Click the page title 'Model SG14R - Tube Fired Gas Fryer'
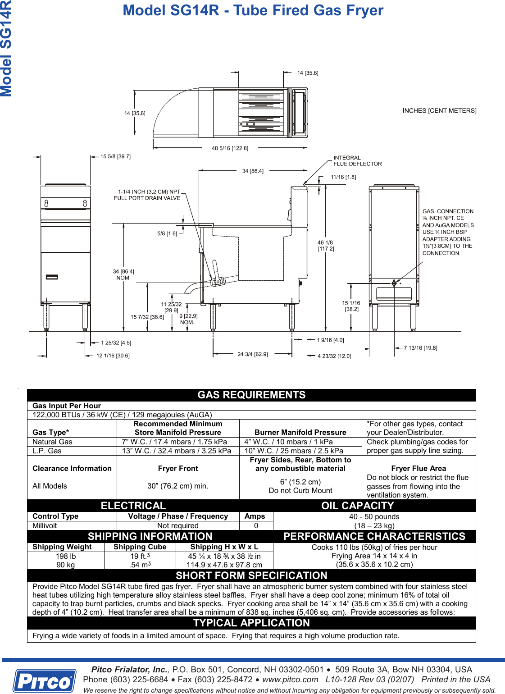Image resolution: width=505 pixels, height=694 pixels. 253,10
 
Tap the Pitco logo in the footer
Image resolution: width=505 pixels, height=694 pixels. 44,681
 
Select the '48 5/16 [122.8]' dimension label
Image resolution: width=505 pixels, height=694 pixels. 230,148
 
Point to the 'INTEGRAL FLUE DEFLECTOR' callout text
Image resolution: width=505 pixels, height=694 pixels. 357,161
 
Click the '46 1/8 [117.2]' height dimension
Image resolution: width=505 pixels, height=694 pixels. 325,246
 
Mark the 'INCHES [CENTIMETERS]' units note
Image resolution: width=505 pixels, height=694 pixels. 439,110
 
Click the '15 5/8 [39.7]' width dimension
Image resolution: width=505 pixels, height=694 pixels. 115,156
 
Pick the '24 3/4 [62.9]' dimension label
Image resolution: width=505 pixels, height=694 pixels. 252,354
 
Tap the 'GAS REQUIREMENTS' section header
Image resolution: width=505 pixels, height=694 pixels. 251,395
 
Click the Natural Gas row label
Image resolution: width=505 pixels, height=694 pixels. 52,442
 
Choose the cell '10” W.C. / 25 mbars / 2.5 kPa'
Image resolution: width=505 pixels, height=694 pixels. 294,451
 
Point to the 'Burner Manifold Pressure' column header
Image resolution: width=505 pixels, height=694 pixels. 300,432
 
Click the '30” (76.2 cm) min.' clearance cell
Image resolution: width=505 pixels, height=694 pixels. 177,486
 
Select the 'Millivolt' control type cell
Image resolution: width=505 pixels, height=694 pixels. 45,525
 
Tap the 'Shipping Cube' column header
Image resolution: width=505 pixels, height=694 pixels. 140,547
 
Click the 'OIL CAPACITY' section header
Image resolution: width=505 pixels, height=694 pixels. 357,506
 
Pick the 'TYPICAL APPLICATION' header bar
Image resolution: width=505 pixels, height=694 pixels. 251,623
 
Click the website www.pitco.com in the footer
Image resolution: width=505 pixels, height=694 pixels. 290,679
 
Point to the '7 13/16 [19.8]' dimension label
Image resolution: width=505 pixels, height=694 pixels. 420,348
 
